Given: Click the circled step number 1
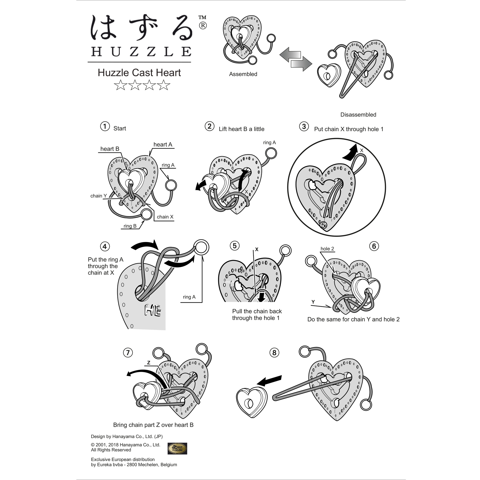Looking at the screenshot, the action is pos(105,126).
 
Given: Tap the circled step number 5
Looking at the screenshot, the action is pos(234,246).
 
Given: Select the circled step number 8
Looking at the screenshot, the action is pos(274,353).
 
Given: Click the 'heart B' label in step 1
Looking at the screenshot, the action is pos(110,149).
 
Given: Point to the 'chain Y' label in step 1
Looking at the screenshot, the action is pos(98,196).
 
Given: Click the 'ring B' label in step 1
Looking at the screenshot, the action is pos(130,226).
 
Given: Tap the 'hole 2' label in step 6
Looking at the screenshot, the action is pos(327,249).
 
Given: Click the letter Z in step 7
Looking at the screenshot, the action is pos(149,363).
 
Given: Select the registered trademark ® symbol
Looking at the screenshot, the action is pos(203,26).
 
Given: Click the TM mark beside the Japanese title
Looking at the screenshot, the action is pos(202,17).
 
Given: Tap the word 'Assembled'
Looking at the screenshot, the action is pos(243,74).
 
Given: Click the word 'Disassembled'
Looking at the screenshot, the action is pos(358,115).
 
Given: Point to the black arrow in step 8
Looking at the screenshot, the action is pos(269,380).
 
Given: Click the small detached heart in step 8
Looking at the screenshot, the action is pos(251,402).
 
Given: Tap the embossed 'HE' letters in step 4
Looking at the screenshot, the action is pos(153,311).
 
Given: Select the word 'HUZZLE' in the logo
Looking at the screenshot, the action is pos(141,51).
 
